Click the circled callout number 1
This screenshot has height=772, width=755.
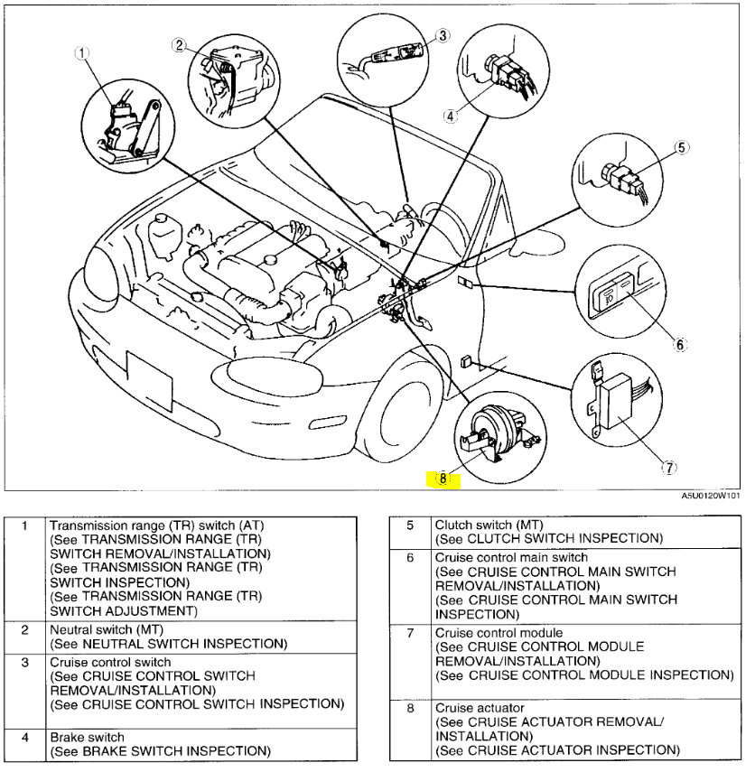pyautogui.click(x=83, y=53)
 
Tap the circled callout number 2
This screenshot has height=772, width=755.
pyautogui.click(x=180, y=45)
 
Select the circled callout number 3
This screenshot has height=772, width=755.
pyautogui.click(x=443, y=35)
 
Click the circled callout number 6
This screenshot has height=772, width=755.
pyautogui.click(x=680, y=343)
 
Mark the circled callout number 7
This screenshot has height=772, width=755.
pyautogui.click(x=668, y=467)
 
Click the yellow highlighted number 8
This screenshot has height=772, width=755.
pyautogui.click(x=443, y=479)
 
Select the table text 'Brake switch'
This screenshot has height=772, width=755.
pyautogui.click(x=87, y=738)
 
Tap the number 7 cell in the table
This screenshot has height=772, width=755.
pyautogui.click(x=410, y=633)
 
